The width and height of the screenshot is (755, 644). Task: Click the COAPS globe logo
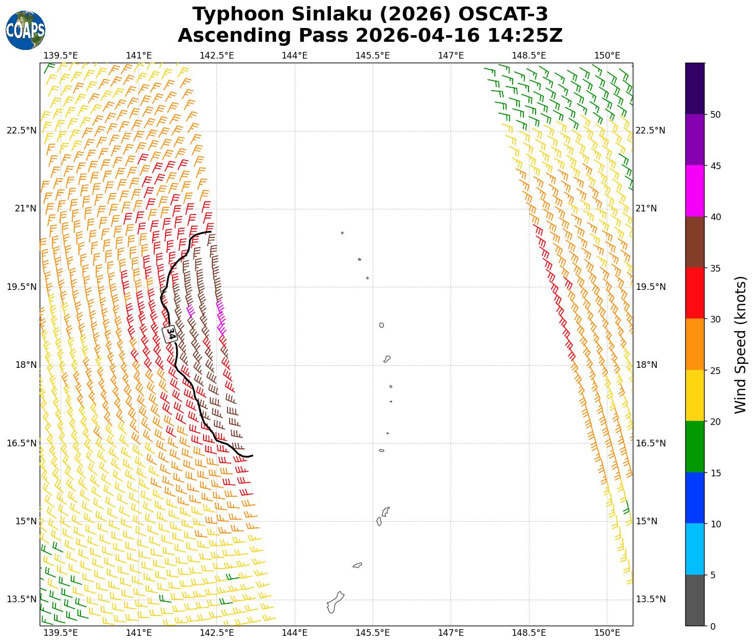click(25, 30)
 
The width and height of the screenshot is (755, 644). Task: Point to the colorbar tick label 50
click(715, 115)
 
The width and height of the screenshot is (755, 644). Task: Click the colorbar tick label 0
click(713, 626)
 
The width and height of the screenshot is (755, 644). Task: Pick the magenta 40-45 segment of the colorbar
click(695, 191)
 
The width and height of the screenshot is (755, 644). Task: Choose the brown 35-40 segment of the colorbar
click(695, 243)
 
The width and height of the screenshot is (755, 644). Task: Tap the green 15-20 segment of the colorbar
click(695, 447)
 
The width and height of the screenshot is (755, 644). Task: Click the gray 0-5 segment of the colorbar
click(695, 600)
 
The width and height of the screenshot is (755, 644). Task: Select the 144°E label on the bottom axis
click(295, 633)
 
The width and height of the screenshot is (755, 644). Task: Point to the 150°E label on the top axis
click(607, 55)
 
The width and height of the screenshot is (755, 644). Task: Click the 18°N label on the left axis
click(25, 365)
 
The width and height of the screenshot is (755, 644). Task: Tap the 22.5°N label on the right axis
click(650, 130)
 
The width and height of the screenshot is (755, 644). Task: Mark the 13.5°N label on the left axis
click(22, 599)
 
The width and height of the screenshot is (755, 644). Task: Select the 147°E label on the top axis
click(451, 55)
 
